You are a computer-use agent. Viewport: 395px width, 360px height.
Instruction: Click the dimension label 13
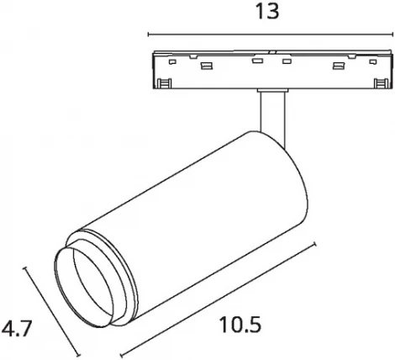click(x=268, y=12)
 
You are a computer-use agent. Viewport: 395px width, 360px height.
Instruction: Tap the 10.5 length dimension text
click(x=240, y=325)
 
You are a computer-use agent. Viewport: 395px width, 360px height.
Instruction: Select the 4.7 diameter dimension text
click(x=15, y=328)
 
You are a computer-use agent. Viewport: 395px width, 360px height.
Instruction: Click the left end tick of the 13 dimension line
click(x=148, y=34)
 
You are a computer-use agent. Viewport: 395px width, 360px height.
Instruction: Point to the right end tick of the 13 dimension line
click(x=392, y=34)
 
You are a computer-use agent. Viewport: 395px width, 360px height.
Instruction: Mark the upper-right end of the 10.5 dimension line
click(x=315, y=245)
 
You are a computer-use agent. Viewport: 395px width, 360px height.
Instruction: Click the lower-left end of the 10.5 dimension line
click(x=121, y=355)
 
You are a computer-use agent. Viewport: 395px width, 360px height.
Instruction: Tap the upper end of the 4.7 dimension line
click(x=25, y=268)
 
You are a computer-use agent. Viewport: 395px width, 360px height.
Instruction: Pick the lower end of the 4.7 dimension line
click(x=78, y=354)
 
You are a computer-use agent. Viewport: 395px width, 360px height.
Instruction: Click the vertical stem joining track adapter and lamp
click(x=272, y=118)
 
